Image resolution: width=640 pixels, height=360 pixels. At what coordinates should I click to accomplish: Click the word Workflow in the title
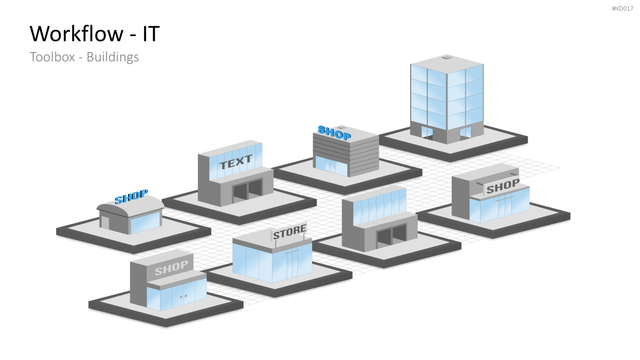pos(76,34)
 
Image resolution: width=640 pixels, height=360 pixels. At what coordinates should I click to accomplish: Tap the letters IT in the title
pos(151,34)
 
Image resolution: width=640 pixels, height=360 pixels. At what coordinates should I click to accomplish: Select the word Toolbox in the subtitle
pos(52,57)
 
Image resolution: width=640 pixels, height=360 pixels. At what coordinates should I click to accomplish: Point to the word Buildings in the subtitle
pos(113,58)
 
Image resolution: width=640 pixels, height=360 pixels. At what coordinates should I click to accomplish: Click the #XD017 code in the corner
pos(622,9)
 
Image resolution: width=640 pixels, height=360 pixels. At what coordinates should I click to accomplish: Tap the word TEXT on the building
pos(236,162)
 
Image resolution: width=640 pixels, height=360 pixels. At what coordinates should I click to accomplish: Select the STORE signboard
pos(289,232)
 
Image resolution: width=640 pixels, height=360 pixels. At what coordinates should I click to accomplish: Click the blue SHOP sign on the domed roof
pos(131,197)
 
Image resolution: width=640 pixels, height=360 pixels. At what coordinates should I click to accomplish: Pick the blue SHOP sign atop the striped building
pos(334,133)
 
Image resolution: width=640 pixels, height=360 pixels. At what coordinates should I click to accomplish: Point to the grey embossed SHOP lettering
pos(172,268)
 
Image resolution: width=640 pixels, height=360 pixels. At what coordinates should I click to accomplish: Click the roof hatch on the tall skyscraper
pos(447,57)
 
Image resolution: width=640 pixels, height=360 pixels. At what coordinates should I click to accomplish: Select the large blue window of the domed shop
pos(145,223)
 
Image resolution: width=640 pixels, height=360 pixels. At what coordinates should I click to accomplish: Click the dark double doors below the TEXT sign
pos(247,190)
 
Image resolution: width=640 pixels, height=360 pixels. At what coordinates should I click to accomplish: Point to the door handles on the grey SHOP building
pos(183,296)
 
